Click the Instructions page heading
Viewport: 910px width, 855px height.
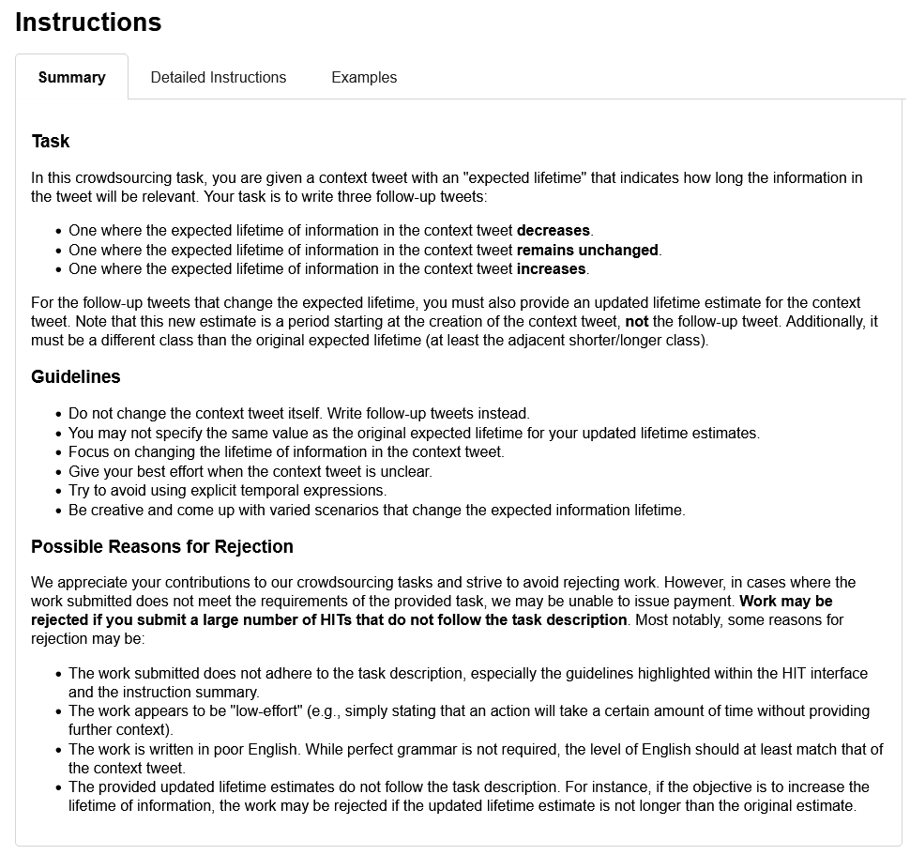click(x=88, y=23)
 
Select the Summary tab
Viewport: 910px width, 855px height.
click(x=71, y=78)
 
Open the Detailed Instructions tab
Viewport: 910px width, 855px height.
click(x=218, y=78)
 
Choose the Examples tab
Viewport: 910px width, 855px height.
click(x=364, y=78)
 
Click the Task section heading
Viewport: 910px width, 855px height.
click(x=51, y=142)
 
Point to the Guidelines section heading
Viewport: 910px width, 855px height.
click(x=76, y=377)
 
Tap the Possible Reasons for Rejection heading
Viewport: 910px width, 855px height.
click(x=162, y=547)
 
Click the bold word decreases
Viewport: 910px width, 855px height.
click(x=554, y=231)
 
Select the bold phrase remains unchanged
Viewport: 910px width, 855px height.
click(x=588, y=251)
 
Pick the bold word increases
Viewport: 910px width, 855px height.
click(x=552, y=269)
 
